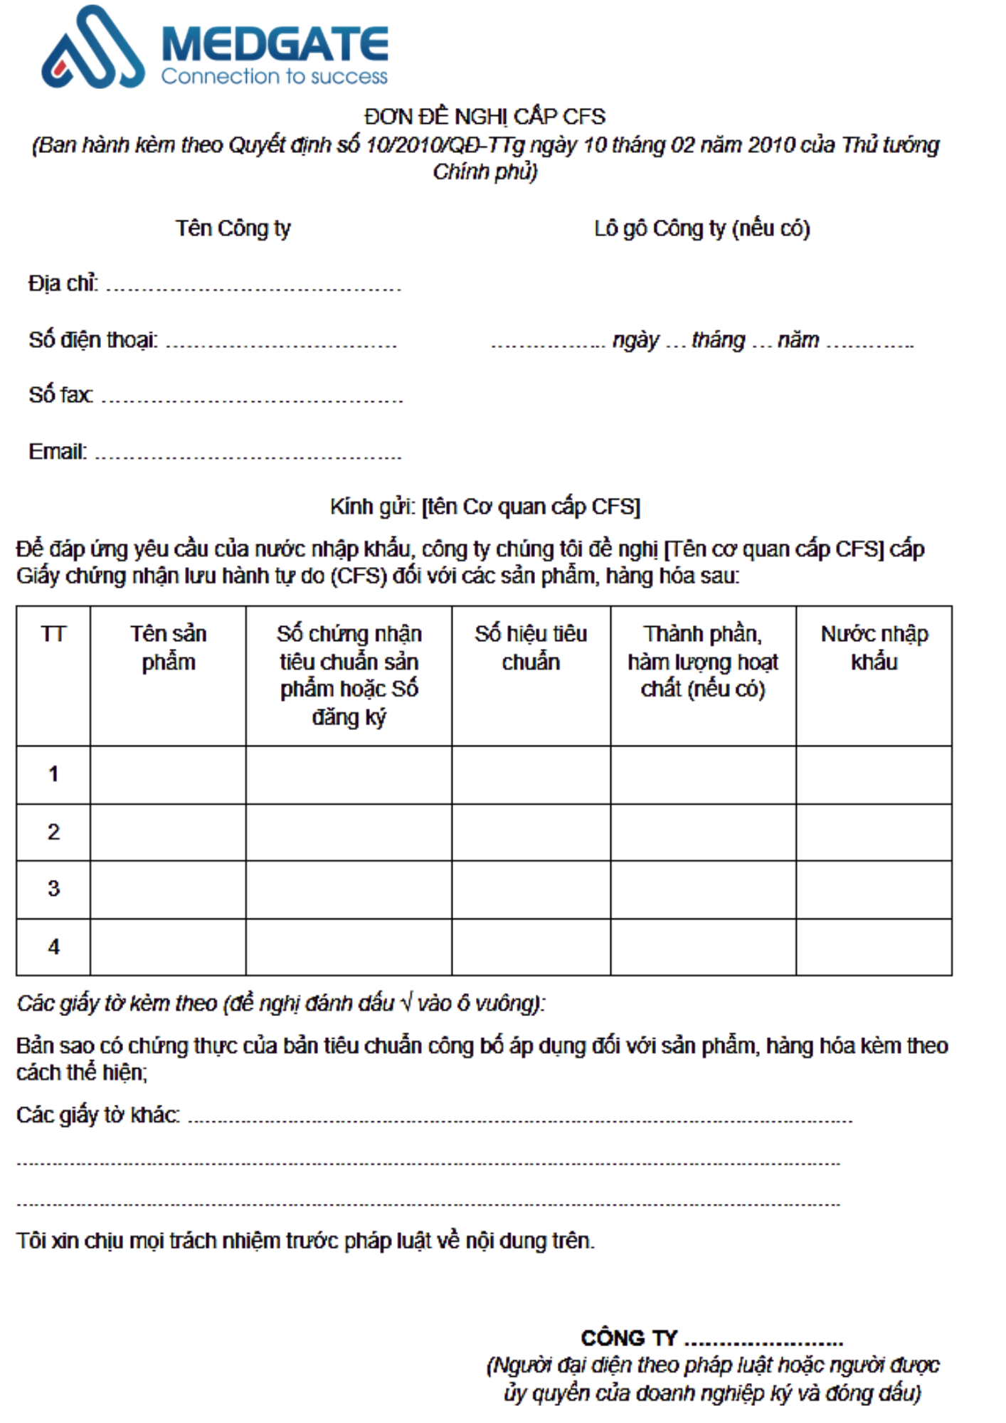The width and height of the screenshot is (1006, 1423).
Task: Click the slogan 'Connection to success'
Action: (274, 76)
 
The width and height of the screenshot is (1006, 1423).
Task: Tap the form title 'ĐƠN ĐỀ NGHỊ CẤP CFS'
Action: (485, 116)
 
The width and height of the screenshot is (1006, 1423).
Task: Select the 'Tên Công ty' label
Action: (233, 228)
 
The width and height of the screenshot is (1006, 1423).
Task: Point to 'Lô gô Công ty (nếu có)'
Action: (701, 228)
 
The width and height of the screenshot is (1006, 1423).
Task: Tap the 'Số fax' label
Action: (60, 395)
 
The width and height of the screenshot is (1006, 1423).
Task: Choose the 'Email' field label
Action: (57, 452)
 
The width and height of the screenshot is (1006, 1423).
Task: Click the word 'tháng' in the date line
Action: (718, 340)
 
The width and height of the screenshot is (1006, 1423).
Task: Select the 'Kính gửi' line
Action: (485, 507)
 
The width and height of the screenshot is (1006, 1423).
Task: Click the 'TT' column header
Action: (53, 634)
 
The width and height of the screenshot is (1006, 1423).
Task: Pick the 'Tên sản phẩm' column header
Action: (168, 647)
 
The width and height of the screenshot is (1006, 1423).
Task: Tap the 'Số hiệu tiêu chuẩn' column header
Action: (531, 647)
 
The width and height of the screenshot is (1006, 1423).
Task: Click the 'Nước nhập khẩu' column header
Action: (874, 647)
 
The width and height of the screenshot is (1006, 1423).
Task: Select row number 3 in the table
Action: (53, 889)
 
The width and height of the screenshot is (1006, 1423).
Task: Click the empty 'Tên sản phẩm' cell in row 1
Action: (168, 775)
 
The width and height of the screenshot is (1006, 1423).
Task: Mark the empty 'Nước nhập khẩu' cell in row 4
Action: (874, 947)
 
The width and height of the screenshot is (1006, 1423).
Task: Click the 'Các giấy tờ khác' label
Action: (97, 1115)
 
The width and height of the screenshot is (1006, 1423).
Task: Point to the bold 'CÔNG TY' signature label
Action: (629, 1338)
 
